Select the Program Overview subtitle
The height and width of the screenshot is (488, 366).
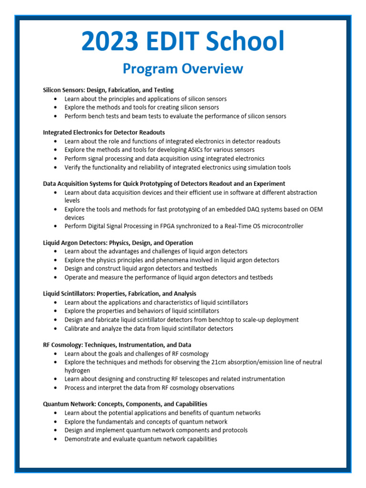pyautogui.click(x=183, y=69)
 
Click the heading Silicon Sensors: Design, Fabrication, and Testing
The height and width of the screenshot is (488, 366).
pyautogui.click(x=108, y=90)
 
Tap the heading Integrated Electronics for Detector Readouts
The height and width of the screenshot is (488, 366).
pyautogui.click(x=104, y=132)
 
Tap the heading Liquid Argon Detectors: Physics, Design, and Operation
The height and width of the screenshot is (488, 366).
pyautogui.click(x=118, y=243)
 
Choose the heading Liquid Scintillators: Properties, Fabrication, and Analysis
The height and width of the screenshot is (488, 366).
pyautogui.click(x=120, y=294)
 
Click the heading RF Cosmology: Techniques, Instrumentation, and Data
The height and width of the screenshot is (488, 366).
pyautogui.click(x=117, y=345)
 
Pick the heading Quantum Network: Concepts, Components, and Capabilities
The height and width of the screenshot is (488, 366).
pyautogui.click(x=125, y=404)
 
